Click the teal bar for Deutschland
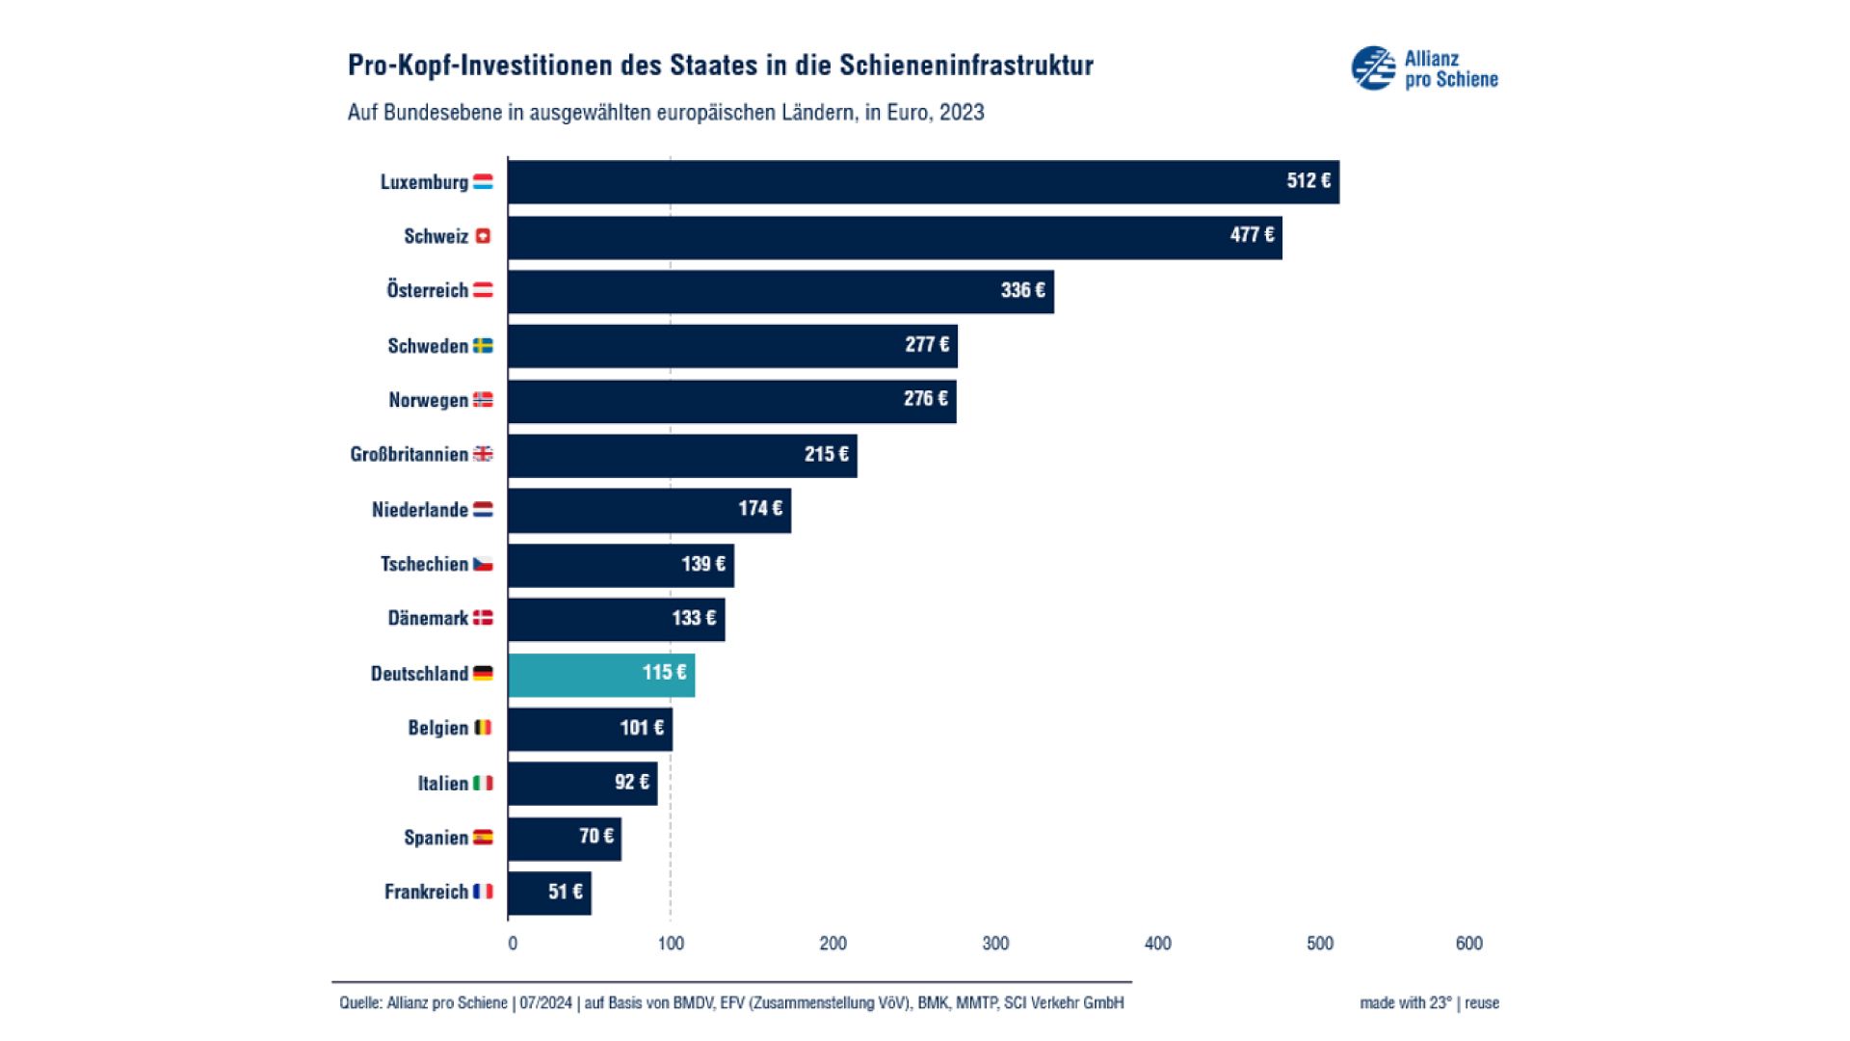click(x=601, y=675)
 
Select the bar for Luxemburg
click(x=923, y=182)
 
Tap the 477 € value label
click(x=1251, y=235)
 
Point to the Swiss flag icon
click(x=483, y=236)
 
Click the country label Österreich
click(x=427, y=290)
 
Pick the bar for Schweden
click(x=732, y=346)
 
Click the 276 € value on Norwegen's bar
click(x=925, y=399)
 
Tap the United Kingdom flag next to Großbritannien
click(x=483, y=454)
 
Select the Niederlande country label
click(x=419, y=510)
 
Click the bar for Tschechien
click(x=621, y=565)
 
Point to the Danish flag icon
click(x=483, y=618)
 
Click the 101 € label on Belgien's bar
click(x=641, y=729)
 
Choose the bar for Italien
click(x=582, y=784)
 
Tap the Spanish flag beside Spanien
click(x=483, y=838)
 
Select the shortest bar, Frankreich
click(x=549, y=894)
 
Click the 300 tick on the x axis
click(x=995, y=944)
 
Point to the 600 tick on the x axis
click(x=1468, y=944)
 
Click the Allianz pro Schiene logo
click(x=1424, y=68)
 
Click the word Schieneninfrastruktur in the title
click(x=966, y=66)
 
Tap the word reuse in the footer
click(x=1482, y=1003)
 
